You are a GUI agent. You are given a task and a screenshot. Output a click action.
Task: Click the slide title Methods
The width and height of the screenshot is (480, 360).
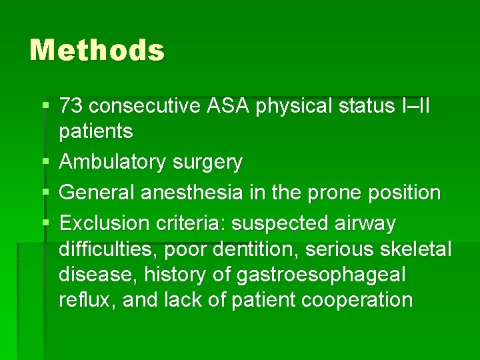coord(97,50)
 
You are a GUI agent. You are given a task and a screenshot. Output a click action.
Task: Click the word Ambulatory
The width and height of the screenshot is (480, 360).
coord(113,162)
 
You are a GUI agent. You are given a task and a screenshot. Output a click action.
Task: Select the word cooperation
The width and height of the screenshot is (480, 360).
coord(357,300)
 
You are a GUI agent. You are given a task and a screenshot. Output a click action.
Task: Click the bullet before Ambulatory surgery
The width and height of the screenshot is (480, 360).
coord(44,162)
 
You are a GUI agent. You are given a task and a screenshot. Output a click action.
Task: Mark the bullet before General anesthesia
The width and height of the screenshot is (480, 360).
coord(44,193)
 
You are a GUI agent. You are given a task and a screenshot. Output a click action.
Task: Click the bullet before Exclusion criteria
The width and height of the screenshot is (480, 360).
coord(44,223)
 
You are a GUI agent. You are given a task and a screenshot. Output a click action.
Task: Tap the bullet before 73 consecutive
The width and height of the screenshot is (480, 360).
coord(44,105)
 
